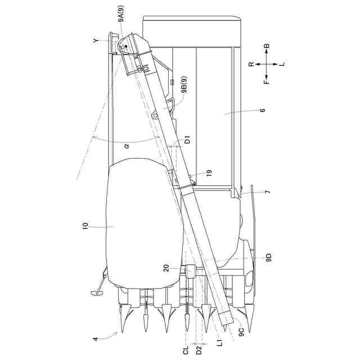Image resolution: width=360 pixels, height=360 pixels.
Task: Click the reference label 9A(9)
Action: point(121,13)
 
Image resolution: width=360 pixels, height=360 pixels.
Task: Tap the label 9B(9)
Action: point(184,85)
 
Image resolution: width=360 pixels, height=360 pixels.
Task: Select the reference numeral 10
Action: point(85,226)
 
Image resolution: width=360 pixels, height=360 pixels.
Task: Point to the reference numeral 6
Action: point(263,110)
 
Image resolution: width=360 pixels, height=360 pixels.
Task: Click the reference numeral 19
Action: point(209,173)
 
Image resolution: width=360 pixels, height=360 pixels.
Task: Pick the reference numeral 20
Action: point(166,268)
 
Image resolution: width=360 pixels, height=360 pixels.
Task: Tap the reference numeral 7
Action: point(268,192)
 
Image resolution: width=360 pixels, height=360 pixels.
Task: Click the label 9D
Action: point(268,258)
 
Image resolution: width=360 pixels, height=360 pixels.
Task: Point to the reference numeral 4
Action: point(96,339)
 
